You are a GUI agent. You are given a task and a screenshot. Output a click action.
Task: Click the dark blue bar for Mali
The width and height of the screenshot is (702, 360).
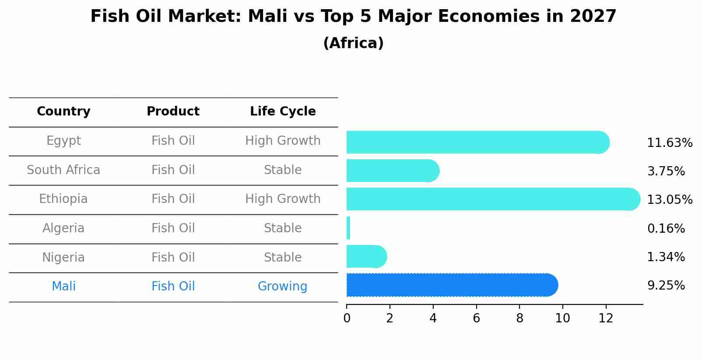point(451,285)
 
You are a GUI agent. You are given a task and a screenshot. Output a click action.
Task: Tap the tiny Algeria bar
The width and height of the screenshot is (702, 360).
point(348,228)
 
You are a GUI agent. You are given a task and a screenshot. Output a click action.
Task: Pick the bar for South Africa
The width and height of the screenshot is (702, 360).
point(392,171)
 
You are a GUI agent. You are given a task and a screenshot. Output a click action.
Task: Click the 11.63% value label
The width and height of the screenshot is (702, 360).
point(669,143)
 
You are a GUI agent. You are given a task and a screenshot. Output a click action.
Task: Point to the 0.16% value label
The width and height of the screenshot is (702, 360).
point(666,228)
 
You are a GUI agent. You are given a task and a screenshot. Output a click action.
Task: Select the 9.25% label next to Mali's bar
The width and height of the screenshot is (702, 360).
point(666,286)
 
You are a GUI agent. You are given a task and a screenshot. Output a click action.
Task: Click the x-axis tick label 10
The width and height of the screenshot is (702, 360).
point(562,318)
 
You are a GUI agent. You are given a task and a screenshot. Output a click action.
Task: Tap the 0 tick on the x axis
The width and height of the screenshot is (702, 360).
point(347,318)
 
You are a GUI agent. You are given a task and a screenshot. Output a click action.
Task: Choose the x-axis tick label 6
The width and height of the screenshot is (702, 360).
point(476,318)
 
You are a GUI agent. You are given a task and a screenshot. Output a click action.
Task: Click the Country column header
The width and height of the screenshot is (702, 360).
point(63,112)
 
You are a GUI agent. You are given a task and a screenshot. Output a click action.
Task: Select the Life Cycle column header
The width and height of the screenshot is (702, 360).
point(283,112)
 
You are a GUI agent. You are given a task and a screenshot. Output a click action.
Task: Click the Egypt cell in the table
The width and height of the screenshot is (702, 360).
point(63,141)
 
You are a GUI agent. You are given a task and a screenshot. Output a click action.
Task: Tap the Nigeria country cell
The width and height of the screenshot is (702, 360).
point(63,257)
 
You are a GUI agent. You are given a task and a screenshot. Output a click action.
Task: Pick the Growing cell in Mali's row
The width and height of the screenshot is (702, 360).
point(282,287)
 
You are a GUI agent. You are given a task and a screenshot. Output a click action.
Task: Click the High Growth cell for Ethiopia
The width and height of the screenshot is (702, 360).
point(283,199)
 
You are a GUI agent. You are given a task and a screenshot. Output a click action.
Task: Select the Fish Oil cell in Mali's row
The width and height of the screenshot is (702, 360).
point(173,287)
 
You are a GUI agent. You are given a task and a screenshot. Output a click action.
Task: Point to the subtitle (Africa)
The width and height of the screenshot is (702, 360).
point(353,43)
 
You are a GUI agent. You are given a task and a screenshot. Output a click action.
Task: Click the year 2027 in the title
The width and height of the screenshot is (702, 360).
point(593,17)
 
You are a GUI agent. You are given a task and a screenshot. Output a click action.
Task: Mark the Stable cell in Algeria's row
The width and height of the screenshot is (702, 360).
point(283,228)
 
